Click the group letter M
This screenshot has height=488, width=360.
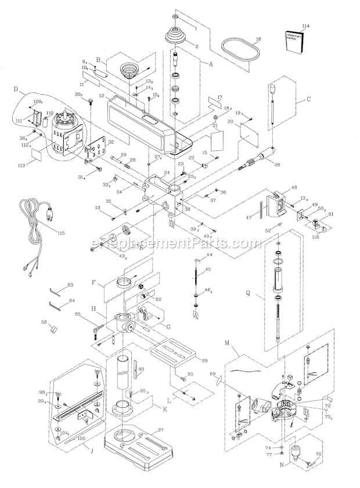[x=234, y=351]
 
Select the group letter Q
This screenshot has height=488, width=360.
[x=248, y=293]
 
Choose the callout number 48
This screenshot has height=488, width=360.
[x=294, y=187]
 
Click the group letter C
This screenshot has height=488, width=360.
[x=308, y=99]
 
